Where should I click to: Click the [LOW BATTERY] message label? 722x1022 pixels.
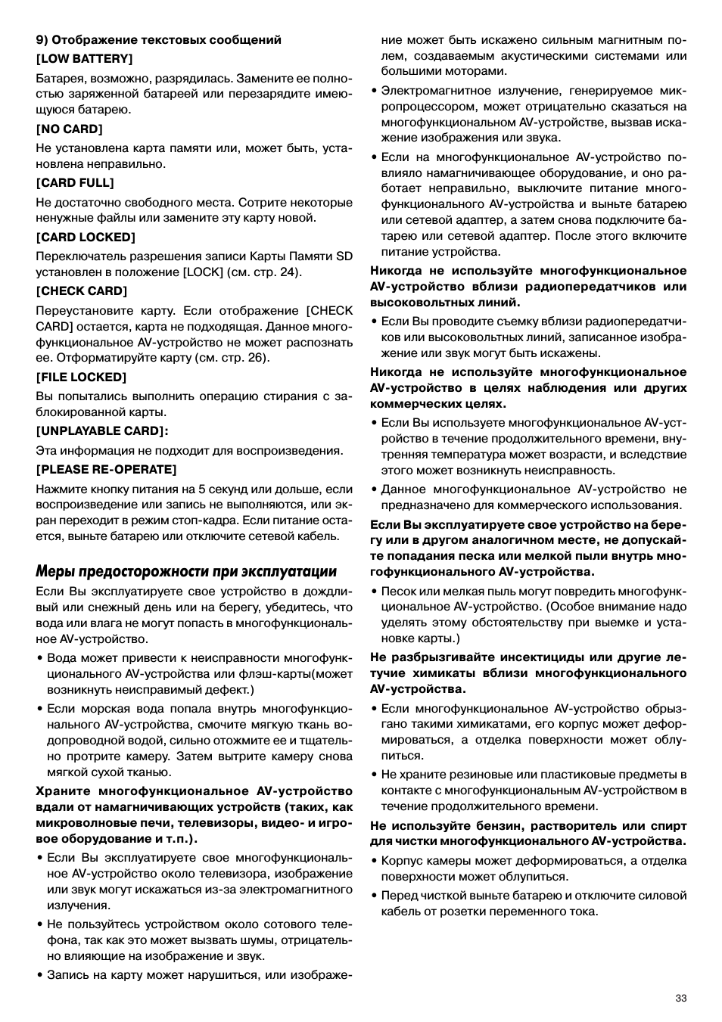84,58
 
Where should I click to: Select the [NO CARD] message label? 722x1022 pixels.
69,129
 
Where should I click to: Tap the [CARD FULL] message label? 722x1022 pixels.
75,182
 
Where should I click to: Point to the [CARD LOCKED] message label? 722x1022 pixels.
85,237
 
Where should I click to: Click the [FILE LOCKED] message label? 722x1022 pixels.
81,377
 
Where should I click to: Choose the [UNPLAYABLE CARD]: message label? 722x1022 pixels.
102,430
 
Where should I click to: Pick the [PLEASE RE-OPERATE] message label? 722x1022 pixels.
106,469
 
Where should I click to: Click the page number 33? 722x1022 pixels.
681,998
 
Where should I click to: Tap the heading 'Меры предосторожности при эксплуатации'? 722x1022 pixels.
186,571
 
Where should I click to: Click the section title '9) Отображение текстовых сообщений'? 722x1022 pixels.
159,39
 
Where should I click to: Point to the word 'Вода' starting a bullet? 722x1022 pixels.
62,657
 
